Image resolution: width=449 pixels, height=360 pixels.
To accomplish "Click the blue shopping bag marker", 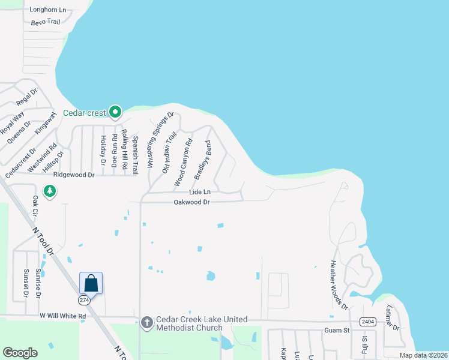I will [91, 283].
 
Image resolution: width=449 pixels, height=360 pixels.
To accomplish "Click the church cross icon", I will [147, 323].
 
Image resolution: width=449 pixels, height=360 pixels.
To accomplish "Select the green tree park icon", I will [50, 191].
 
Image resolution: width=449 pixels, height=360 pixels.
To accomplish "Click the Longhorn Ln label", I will [47, 10].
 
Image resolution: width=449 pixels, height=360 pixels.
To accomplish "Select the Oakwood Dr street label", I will [191, 203].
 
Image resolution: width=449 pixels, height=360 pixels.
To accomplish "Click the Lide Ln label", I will [200, 192].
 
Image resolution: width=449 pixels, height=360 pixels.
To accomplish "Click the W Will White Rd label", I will [63, 316].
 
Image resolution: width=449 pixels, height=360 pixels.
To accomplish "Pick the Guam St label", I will [337, 331].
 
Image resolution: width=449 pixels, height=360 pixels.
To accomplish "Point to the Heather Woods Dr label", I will [339, 285].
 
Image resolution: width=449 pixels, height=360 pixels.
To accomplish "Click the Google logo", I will [20, 353].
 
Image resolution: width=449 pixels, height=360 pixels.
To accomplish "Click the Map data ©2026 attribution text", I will [423, 355].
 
